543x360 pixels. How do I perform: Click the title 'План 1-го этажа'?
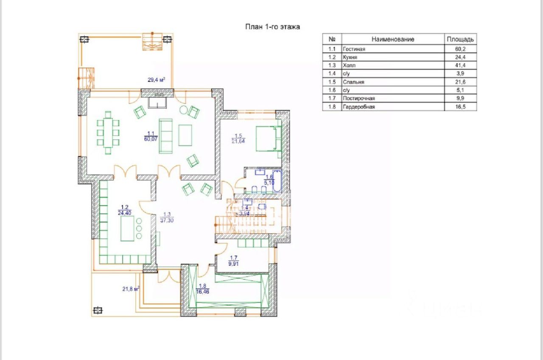272,27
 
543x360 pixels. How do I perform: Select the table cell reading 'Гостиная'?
354,49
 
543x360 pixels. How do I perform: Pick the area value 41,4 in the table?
460,65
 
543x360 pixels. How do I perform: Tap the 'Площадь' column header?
460,39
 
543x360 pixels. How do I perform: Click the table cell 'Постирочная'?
359,98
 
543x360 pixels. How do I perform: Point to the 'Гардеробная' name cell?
359,107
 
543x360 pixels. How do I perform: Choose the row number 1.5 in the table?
332,82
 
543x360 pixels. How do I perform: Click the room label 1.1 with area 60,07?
151,136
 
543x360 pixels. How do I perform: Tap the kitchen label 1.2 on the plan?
125,210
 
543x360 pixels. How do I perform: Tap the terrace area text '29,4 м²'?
157,80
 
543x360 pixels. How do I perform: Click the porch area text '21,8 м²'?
131,289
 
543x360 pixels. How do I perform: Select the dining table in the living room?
108,133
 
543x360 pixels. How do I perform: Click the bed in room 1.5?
269,139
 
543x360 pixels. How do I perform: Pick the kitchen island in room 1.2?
127,228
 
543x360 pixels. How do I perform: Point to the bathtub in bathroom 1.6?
277,181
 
